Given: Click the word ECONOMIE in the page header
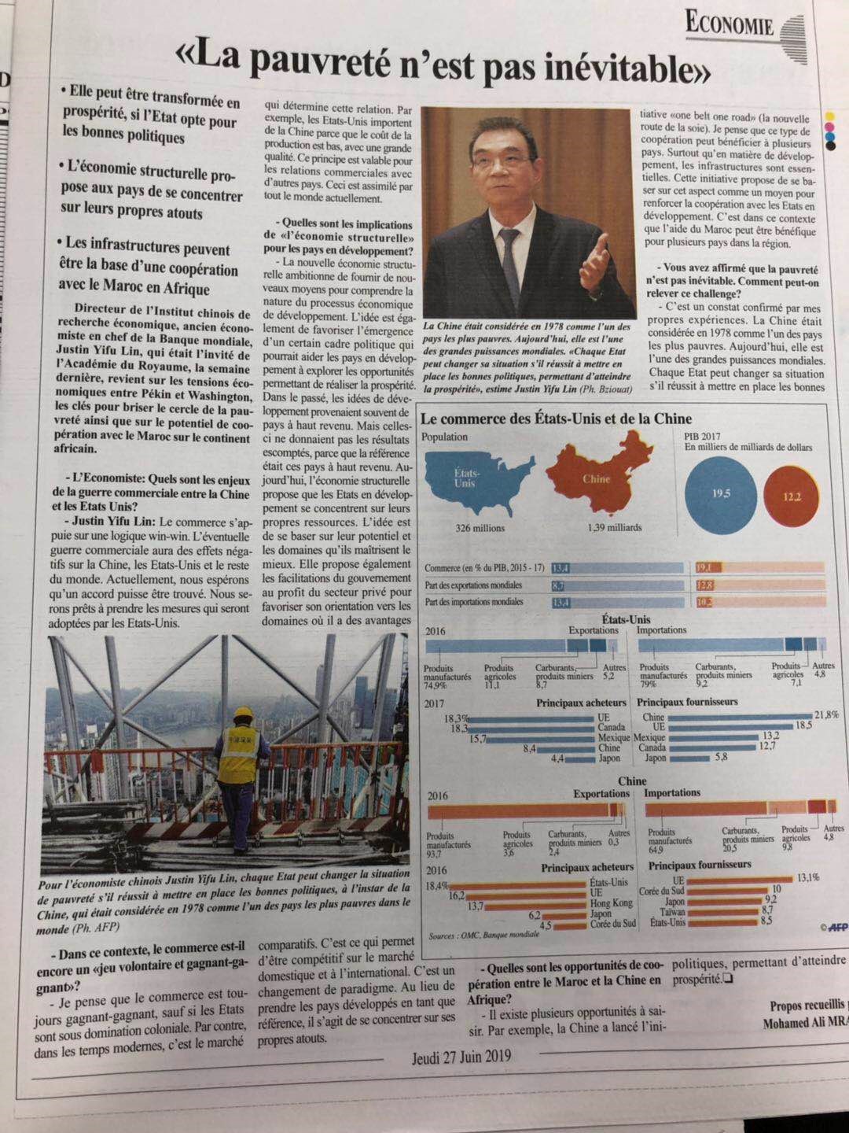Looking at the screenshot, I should tap(730, 25).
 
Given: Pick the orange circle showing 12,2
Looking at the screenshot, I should tap(792, 497).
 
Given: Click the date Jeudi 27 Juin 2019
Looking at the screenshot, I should tap(461, 1056).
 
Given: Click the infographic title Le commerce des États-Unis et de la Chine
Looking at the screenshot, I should tap(557, 419).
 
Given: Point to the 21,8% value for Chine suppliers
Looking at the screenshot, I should tap(825, 715).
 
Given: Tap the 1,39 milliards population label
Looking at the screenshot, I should tap(613, 528).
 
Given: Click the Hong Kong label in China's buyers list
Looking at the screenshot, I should tap(611, 904).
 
